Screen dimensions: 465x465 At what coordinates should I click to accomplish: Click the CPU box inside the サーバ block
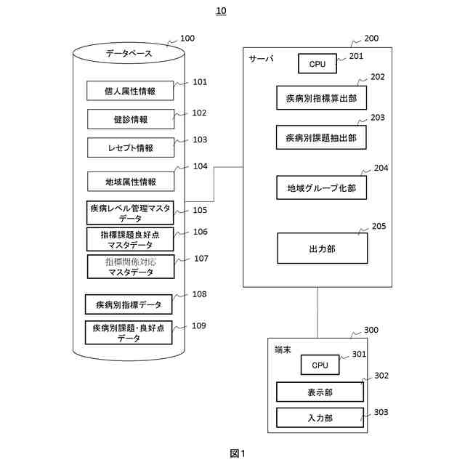[318, 63]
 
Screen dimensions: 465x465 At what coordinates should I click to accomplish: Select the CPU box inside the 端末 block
[320, 365]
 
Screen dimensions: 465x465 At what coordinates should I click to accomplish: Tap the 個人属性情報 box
[130, 91]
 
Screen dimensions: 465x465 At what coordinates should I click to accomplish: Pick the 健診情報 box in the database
[131, 119]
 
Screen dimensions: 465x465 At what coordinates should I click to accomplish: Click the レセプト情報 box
[131, 147]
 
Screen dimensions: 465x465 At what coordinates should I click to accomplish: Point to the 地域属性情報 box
[131, 182]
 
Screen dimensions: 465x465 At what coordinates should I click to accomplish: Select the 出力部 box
[323, 248]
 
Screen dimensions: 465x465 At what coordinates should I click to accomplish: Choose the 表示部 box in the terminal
[320, 392]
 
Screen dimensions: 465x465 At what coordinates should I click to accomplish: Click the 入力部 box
[320, 418]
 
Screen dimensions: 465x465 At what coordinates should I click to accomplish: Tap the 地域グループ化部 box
[321, 187]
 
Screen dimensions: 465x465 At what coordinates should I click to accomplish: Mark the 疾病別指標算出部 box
[321, 98]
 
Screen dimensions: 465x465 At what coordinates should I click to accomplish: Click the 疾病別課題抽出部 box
[321, 137]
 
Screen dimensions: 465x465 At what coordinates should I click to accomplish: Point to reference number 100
[187, 39]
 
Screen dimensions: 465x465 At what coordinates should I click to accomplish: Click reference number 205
[379, 226]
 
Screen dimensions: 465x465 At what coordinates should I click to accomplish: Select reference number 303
[381, 412]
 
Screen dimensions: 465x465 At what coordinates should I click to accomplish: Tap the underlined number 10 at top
[221, 11]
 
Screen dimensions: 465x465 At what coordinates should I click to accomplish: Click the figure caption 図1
[238, 453]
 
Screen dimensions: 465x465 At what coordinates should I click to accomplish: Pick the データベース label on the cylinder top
[129, 53]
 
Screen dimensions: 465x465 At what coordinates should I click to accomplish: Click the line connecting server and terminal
[318, 312]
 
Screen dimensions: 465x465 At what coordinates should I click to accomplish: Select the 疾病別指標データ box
[129, 304]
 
